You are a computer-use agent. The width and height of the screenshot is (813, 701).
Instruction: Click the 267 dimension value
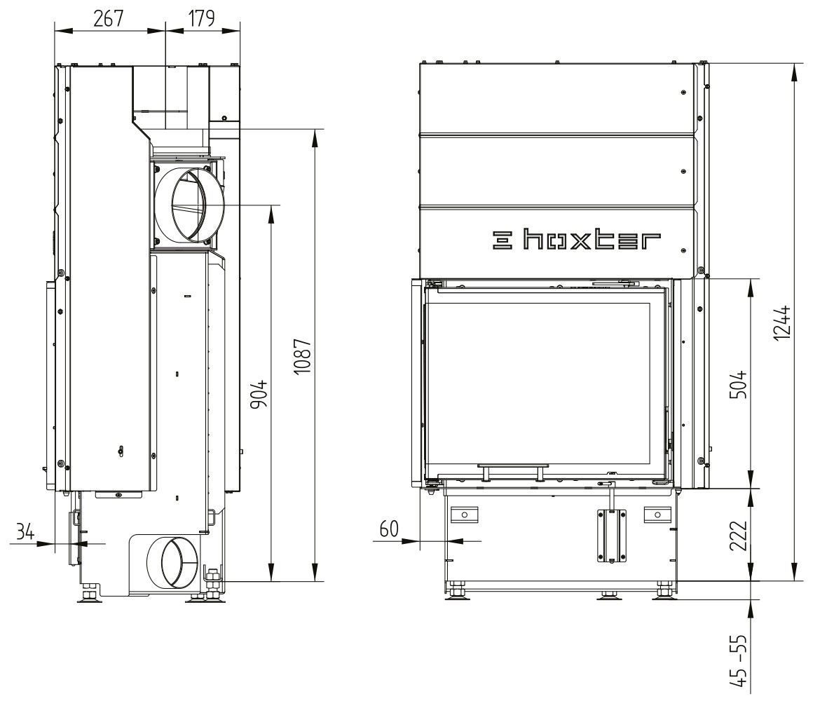pos(109,18)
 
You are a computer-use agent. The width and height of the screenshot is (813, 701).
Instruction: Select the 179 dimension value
pos(200,18)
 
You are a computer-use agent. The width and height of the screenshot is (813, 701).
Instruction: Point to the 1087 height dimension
pos(302,357)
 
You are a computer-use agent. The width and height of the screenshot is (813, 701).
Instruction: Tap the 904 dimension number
pos(259,393)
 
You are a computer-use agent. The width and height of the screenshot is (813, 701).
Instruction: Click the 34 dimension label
pos(25,532)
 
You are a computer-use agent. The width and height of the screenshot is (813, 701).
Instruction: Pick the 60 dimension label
pos(389,529)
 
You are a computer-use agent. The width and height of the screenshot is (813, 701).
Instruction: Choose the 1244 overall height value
pos(782,322)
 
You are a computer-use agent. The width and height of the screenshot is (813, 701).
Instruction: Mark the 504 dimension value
pos(738,383)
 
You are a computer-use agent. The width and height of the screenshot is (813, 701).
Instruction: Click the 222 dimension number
pos(738,535)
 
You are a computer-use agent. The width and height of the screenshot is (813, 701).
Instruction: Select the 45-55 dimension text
pos(738,660)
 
